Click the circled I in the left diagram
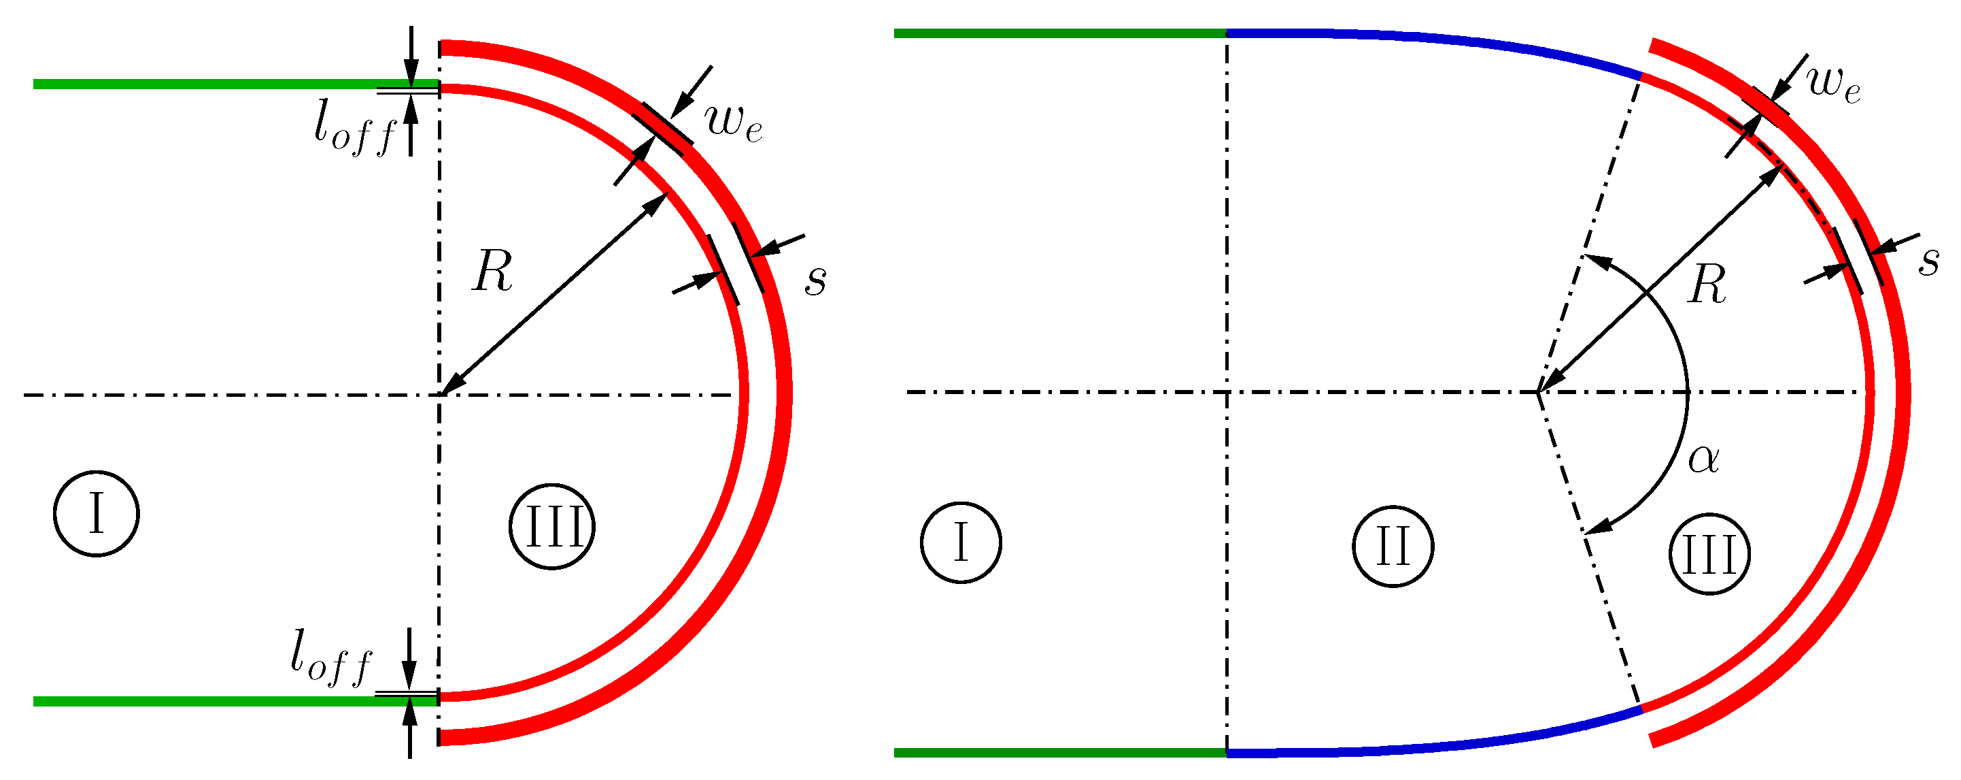coord(96,513)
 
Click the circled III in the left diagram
coord(552,526)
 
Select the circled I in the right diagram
coord(961,542)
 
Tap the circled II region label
coord(1393,546)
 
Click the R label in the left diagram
coord(492,271)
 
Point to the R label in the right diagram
coord(1707,286)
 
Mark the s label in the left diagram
coord(815,280)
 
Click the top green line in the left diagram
coord(228,84)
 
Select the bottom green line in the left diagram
coord(228,701)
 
